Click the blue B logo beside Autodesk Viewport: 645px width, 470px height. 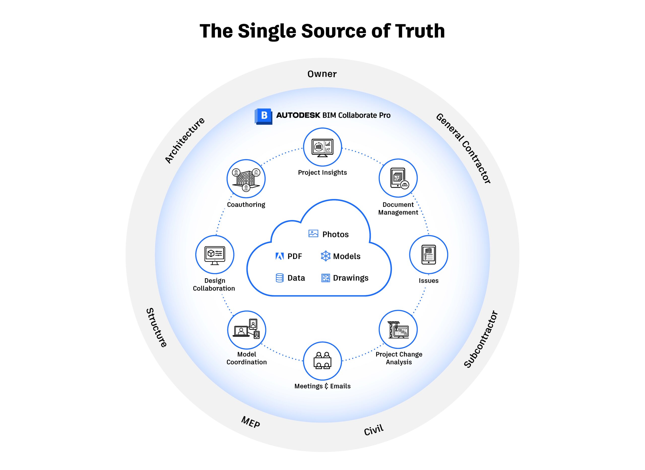[x=263, y=116]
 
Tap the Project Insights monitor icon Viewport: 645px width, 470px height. [x=322, y=147]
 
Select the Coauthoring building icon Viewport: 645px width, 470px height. [x=246, y=179]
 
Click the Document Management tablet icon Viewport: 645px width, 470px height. [x=398, y=178]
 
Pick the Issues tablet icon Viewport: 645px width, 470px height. [x=429, y=255]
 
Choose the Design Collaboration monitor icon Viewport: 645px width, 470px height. [x=215, y=255]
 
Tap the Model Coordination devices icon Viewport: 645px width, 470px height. [x=247, y=330]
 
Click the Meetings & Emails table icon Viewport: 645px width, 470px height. [x=322, y=361]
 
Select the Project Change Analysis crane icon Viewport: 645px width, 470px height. [x=398, y=329]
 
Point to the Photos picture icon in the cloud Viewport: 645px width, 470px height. [x=313, y=233]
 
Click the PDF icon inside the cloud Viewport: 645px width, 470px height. [x=280, y=256]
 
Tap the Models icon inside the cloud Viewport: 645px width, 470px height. [x=326, y=256]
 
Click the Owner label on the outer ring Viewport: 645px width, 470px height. [x=322, y=74]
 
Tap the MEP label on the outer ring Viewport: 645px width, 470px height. [x=250, y=422]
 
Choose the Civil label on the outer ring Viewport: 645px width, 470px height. [x=374, y=430]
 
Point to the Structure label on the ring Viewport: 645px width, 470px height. [x=156, y=327]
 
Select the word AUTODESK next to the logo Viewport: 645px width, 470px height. [x=298, y=115]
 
